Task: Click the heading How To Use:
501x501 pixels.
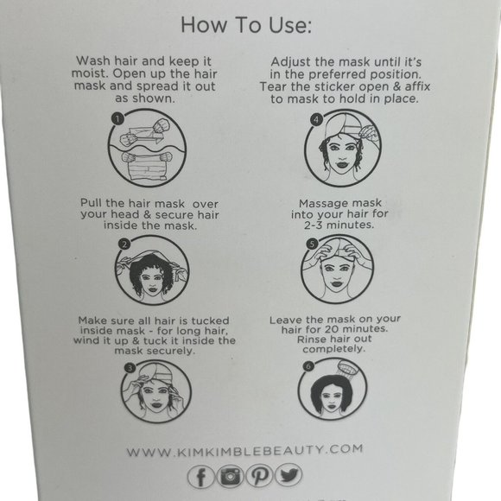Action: [x=246, y=26]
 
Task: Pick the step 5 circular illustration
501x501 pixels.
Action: [x=340, y=269]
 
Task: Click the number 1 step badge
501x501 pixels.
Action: [x=117, y=117]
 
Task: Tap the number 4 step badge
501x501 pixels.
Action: [x=317, y=118]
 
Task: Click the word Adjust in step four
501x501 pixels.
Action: [x=293, y=62]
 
